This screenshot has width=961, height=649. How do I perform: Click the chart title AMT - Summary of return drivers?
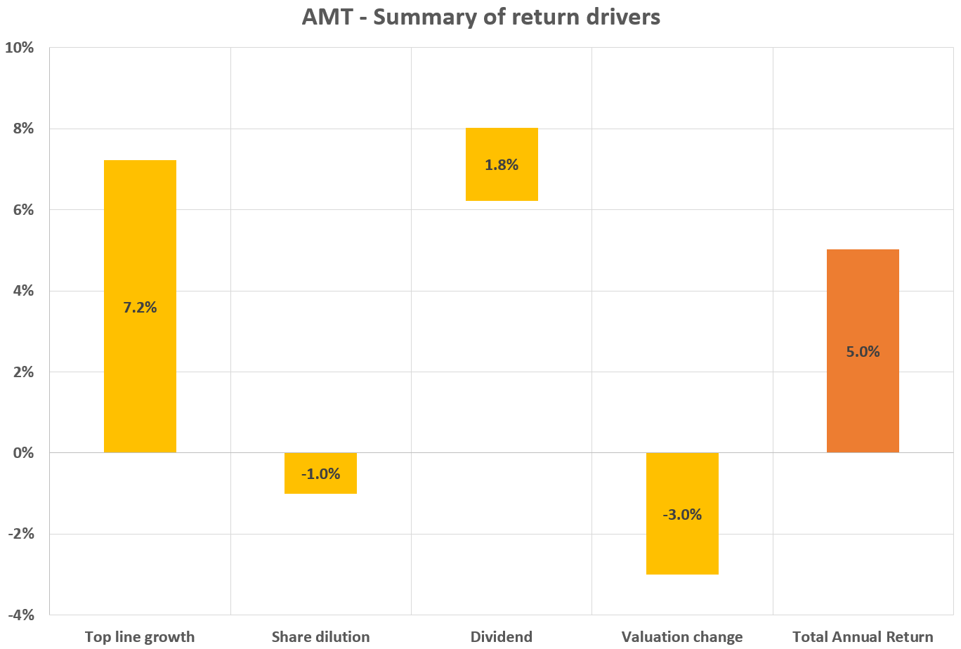click(480, 16)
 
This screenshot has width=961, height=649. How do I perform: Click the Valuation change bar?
click(682, 548)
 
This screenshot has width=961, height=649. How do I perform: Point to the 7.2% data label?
click(140, 307)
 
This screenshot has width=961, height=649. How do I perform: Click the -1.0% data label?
click(320, 474)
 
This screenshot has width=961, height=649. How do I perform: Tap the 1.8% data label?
click(502, 165)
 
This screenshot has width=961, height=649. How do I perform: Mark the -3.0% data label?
click(682, 515)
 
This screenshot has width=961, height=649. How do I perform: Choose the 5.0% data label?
click(863, 352)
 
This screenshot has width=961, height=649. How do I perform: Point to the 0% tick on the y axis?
click(23, 453)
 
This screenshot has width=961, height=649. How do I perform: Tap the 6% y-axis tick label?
click(23, 210)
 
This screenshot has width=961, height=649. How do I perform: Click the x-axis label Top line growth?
click(140, 637)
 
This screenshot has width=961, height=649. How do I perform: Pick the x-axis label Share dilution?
click(320, 637)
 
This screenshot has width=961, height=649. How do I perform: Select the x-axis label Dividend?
click(502, 637)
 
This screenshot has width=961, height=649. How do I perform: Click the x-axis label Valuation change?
click(682, 637)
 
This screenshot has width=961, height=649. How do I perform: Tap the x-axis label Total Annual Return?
click(863, 637)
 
